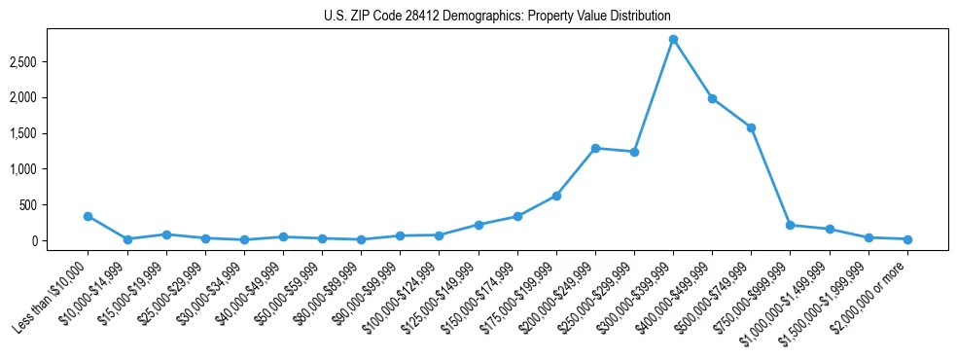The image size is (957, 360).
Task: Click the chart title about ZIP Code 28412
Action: [497, 17]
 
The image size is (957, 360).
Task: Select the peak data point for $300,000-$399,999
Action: [673, 39]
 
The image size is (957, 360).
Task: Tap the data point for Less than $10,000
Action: [88, 216]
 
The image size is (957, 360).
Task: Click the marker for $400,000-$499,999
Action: [712, 98]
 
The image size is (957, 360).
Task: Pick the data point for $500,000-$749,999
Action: [751, 127]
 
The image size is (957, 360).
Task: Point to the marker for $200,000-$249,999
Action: [595, 148]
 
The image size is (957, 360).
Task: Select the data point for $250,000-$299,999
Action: [634, 152]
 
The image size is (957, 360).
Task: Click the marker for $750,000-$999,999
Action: [790, 225]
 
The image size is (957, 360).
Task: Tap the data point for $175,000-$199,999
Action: [556, 196]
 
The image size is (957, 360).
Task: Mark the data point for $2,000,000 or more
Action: [907, 239]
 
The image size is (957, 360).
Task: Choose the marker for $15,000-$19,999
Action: [166, 234]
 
